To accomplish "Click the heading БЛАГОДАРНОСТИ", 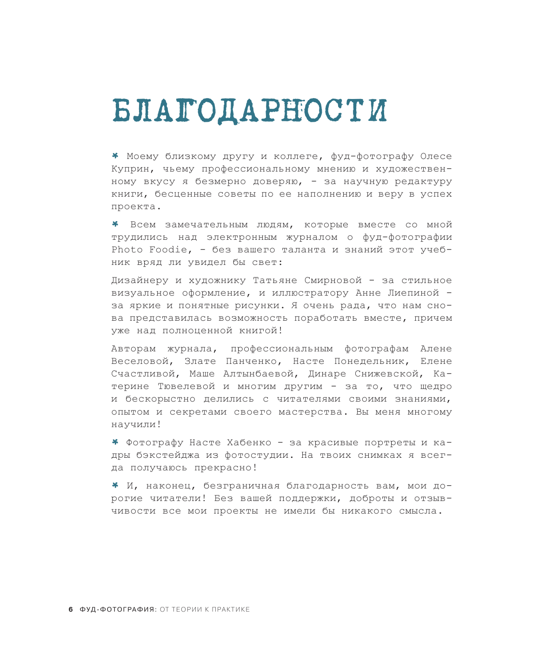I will (250, 110).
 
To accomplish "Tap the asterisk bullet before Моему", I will (115, 155).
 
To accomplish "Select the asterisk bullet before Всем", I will (115, 224).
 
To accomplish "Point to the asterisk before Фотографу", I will (115, 442).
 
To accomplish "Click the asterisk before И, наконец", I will (115, 485).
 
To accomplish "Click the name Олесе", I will (436, 156).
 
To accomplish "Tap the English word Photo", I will (127, 250).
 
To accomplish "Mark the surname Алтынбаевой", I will (259, 374).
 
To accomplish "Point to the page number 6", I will (71, 609).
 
